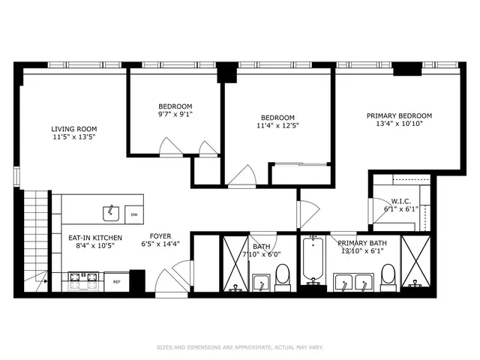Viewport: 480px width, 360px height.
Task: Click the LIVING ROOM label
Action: click(73, 128)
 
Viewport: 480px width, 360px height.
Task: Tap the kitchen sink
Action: click(111, 213)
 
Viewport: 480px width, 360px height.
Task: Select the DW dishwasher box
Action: click(134, 214)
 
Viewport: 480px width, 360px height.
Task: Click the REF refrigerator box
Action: click(116, 281)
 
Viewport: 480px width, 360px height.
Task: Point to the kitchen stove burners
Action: click(84, 280)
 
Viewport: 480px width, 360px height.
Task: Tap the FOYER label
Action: click(160, 235)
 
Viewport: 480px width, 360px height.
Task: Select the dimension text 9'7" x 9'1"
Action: click(175, 115)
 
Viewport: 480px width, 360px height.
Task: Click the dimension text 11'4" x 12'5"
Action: click(277, 127)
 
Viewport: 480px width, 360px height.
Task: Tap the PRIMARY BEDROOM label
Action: click(399, 115)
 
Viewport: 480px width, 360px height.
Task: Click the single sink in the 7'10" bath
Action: click(260, 282)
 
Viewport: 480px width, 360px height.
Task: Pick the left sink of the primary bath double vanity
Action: click(342, 283)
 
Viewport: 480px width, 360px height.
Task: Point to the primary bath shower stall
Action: click(416, 262)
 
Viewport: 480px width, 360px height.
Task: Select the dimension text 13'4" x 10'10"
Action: click(399, 124)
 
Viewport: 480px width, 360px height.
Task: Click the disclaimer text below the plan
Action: click(239, 347)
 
